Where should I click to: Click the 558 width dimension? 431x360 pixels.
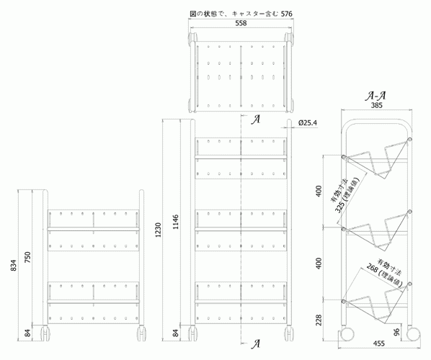pyautogui.click(x=241, y=23)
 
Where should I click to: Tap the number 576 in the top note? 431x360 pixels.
pyautogui.click(x=286, y=14)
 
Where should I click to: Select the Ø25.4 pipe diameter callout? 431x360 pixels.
pyautogui.click(x=307, y=122)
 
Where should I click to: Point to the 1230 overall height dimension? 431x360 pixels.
pyautogui.click(x=158, y=230)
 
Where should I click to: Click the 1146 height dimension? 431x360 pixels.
pyautogui.click(x=176, y=222)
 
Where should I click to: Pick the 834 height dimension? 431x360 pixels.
pyautogui.click(x=14, y=265)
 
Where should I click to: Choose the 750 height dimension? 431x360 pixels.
pyautogui.click(x=28, y=257)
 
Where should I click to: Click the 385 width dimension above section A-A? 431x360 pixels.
pyautogui.click(x=376, y=105)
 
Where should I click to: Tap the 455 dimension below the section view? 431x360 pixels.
pyautogui.click(x=379, y=343)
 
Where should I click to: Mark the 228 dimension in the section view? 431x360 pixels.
pyautogui.click(x=319, y=320)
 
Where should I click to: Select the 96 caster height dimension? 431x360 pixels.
pyautogui.click(x=396, y=331)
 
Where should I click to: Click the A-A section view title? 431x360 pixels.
pyautogui.click(x=376, y=96)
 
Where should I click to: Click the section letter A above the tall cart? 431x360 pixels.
pyautogui.click(x=256, y=120)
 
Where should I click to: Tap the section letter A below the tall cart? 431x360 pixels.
pyautogui.click(x=256, y=344)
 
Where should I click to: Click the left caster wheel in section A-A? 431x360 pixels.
pyautogui.click(x=347, y=334)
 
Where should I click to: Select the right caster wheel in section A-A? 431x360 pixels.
pyautogui.click(x=413, y=334)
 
